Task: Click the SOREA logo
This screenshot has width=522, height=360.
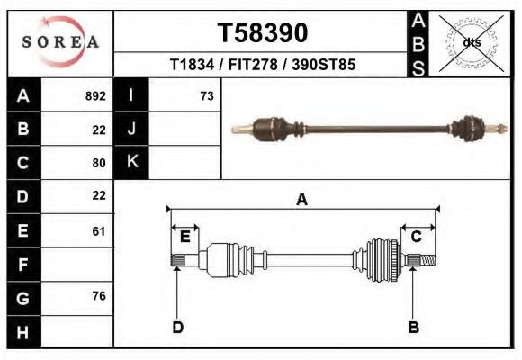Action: (60, 43)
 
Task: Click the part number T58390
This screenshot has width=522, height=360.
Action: (263, 33)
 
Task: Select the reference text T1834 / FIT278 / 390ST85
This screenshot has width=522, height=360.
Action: (263, 66)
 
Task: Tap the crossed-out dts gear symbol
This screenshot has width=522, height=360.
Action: (472, 42)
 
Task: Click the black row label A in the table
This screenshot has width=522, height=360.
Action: (23, 95)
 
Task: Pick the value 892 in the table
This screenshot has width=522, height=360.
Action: (94, 95)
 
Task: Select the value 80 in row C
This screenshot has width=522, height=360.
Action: (99, 163)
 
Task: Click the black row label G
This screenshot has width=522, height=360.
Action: (23, 298)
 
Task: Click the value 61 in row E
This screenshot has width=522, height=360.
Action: (99, 230)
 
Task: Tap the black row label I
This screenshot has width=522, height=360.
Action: (131, 95)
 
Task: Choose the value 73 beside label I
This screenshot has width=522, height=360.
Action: (206, 95)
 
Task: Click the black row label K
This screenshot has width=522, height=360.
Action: (131, 163)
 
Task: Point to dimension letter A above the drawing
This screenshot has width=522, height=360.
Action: (302, 200)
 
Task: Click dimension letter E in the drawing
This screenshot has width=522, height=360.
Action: (184, 237)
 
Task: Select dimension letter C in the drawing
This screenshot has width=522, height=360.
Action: (417, 237)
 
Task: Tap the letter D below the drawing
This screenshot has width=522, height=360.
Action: (177, 327)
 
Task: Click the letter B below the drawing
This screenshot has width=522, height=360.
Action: (413, 327)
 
